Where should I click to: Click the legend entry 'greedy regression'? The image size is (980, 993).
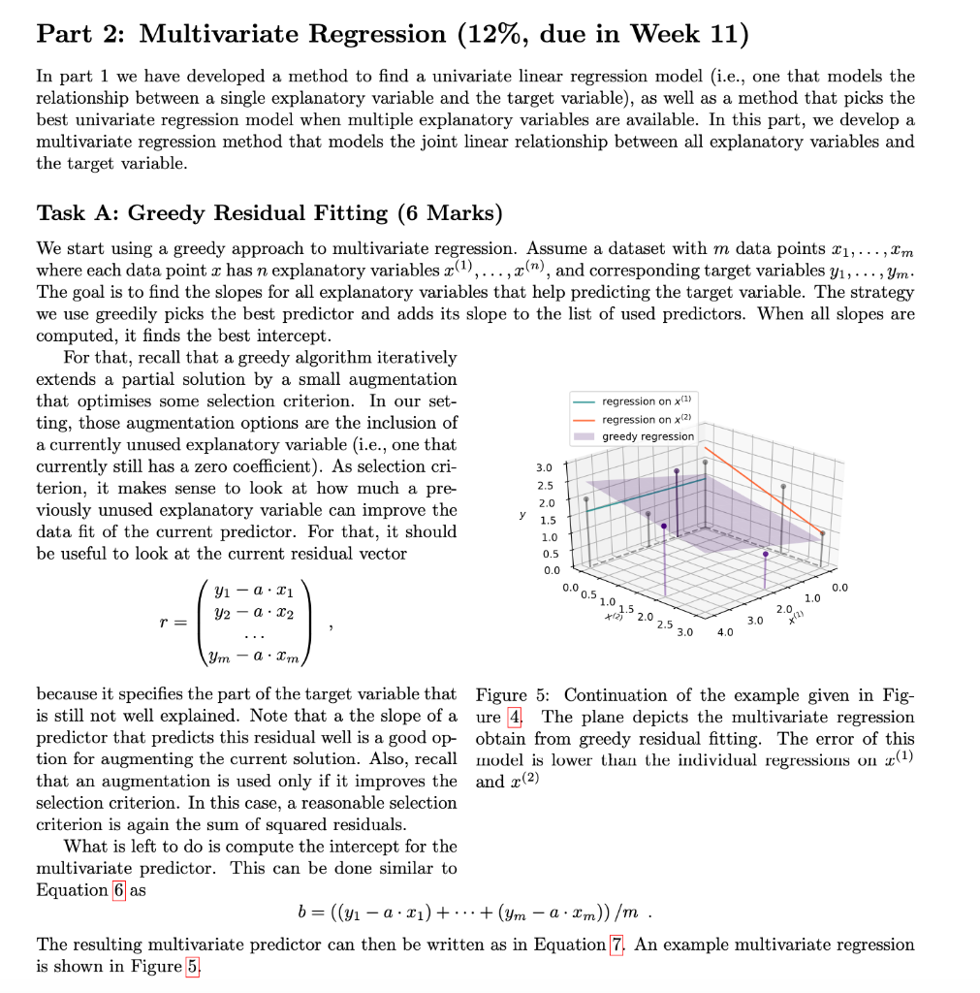click(648, 436)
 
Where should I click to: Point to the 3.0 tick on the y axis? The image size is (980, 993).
click(545, 467)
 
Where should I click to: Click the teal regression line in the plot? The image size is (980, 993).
click(645, 494)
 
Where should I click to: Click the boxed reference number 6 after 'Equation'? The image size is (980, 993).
click(119, 890)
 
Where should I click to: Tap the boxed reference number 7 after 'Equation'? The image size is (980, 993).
click(616, 945)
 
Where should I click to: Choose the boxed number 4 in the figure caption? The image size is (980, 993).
click(516, 718)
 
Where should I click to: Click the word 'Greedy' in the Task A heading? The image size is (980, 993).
click(163, 212)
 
